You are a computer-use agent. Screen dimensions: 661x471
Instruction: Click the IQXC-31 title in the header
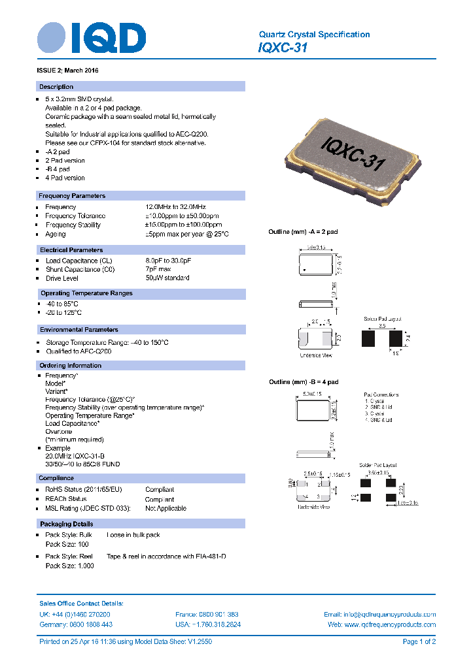click(283, 48)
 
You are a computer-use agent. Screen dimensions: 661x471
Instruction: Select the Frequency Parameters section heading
click(72, 196)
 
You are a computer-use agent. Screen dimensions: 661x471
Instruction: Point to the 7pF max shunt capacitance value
click(158, 269)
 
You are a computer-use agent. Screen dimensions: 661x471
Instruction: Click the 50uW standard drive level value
click(167, 278)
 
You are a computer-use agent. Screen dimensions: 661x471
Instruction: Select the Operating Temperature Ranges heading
click(86, 293)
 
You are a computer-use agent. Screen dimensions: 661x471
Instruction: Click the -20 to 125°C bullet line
click(63, 313)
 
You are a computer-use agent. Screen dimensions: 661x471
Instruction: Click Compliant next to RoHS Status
click(160, 490)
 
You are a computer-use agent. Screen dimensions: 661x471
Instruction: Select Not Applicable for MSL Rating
click(166, 508)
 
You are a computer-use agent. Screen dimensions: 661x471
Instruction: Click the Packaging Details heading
click(66, 524)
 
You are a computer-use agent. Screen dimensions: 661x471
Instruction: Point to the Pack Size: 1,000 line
click(69, 566)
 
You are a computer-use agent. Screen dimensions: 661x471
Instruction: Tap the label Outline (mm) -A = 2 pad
click(303, 232)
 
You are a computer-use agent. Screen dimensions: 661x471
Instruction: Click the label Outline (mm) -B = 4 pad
click(304, 382)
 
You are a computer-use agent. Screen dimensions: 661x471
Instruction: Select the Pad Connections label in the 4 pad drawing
click(381, 395)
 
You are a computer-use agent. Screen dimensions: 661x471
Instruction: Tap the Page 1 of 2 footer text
click(419, 642)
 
